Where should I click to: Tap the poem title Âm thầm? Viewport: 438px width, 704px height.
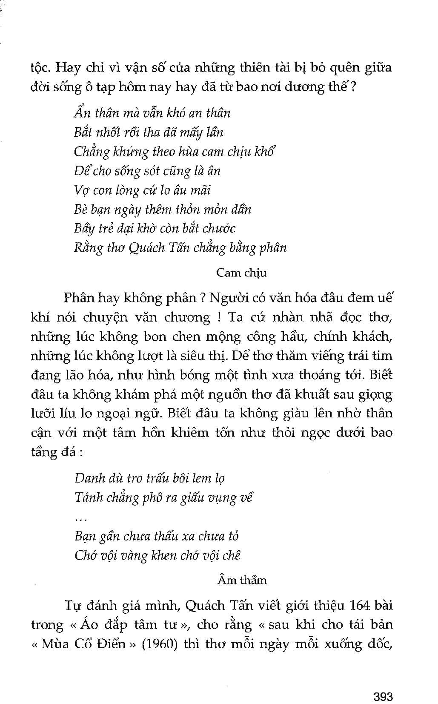pyautogui.click(x=241, y=580)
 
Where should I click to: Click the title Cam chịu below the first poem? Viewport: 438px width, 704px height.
pyautogui.click(x=241, y=273)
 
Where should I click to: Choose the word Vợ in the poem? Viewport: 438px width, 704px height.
pyautogui.click(x=81, y=190)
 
